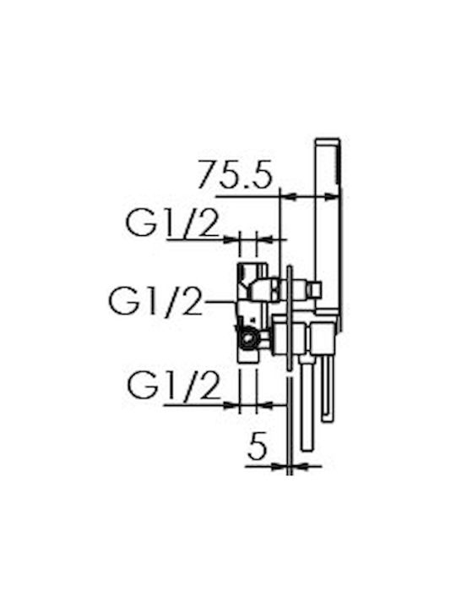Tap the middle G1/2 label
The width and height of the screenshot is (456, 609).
[x=156, y=302]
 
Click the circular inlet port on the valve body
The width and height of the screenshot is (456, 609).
[x=247, y=338]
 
